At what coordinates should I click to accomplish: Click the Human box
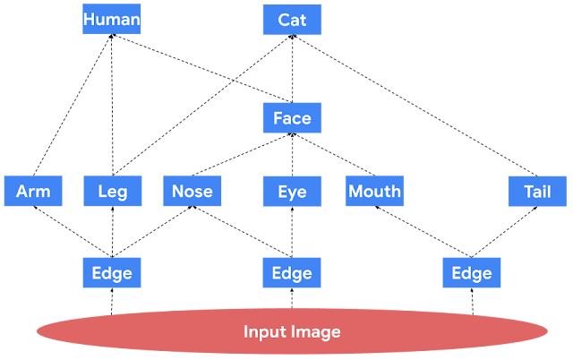point(111,19)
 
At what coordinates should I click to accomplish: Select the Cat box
point(292,20)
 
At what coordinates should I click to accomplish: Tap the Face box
point(292,117)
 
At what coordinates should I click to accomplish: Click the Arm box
point(33,191)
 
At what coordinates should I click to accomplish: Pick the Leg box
point(113,191)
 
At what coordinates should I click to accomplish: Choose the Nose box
point(192,191)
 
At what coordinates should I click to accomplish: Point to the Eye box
point(292,191)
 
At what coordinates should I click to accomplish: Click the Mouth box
point(374,191)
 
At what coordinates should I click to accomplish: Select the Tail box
point(537,191)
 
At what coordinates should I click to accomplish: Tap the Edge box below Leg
point(112,272)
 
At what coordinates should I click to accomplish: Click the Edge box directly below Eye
point(292,272)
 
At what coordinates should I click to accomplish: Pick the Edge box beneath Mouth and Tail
point(472,272)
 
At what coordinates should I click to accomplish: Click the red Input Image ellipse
point(292,331)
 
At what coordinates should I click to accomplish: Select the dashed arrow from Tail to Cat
point(415,106)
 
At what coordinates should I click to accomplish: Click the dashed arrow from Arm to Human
point(73,105)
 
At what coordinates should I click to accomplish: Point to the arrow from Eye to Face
point(292,155)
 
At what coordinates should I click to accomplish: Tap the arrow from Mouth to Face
point(333,154)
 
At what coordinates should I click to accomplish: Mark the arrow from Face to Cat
point(292,69)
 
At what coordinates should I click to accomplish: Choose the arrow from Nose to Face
point(242,154)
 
